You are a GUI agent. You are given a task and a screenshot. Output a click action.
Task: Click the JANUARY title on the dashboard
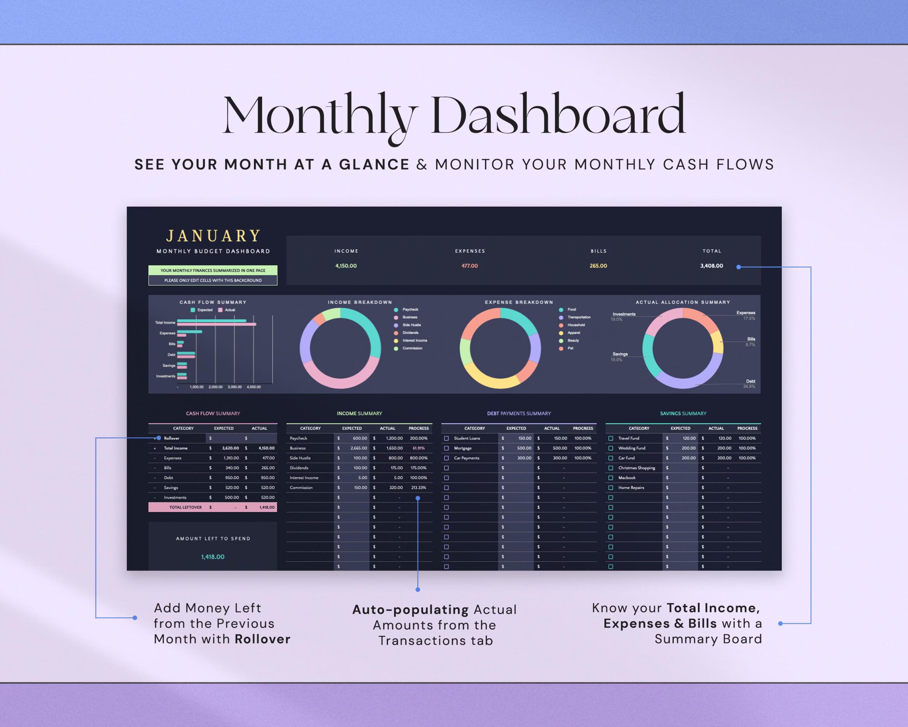(213, 236)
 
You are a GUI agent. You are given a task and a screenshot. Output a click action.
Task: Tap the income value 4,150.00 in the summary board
(346, 266)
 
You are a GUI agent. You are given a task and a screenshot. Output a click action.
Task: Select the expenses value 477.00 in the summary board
(469, 266)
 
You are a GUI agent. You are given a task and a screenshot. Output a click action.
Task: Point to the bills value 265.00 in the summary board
(598, 266)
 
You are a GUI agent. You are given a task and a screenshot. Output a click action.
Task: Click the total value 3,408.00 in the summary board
(711, 266)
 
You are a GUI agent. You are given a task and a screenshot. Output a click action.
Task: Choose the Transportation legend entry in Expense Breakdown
(578, 317)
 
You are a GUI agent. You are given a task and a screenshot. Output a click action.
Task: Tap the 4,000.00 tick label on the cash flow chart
(254, 387)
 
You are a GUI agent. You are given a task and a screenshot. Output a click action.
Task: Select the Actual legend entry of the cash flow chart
(229, 310)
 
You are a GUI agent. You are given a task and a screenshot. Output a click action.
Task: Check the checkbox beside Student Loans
(447, 438)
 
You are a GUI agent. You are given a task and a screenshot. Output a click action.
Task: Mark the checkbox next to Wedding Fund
(611, 448)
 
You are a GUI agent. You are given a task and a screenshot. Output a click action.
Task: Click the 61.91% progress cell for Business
(418, 448)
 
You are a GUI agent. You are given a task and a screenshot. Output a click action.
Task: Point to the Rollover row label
(171, 438)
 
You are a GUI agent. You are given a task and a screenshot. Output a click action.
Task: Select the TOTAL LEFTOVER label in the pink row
(185, 507)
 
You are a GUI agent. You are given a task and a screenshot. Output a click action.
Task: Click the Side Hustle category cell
(300, 458)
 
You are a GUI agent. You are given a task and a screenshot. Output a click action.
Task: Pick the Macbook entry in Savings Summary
(627, 478)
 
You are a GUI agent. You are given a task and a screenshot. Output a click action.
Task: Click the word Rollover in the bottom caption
(262, 639)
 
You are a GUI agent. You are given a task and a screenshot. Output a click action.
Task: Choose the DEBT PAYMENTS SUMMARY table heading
(519, 414)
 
